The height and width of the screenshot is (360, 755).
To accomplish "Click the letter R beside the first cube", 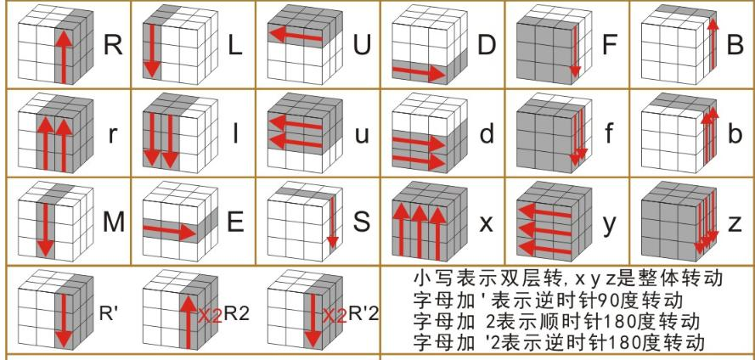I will [112, 45].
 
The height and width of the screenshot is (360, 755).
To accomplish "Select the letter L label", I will [237, 45].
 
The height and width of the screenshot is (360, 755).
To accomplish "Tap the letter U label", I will [363, 45].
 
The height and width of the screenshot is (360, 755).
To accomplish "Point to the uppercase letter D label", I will [487, 45].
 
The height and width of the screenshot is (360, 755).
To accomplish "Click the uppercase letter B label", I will [736, 45].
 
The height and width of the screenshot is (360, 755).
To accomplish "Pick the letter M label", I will [113, 223].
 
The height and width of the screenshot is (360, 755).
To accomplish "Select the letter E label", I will [237, 223].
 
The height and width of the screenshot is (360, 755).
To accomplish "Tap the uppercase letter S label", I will [363, 223].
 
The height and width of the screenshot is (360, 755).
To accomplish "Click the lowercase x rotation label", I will [487, 224].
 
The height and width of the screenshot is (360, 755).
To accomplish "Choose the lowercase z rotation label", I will [736, 224].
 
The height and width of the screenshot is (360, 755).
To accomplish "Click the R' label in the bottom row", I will [109, 312].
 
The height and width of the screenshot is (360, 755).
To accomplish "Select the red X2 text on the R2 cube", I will [210, 315].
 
